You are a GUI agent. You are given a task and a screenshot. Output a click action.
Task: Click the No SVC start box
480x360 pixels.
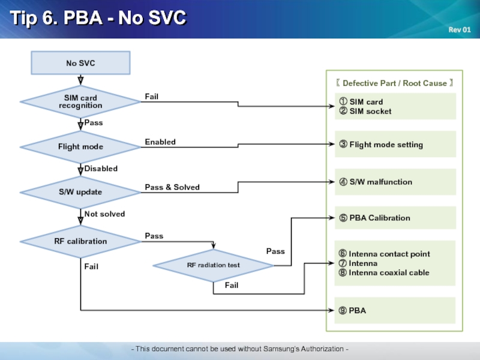tap(80, 63)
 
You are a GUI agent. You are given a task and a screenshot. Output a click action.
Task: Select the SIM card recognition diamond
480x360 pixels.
tap(80, 101)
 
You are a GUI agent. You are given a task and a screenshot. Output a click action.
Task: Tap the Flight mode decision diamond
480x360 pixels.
tap(80, 147)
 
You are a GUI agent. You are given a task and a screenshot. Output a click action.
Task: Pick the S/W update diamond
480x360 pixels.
tap(80, 192)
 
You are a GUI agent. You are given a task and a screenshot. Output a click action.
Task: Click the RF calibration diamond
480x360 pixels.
tap(80, 242)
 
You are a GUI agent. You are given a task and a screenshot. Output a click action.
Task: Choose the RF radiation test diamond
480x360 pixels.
tap(214, 265)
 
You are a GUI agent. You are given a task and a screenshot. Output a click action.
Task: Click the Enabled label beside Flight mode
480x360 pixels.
tap(160, 142)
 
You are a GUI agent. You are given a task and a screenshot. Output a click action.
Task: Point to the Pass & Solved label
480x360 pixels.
tap(172, 187)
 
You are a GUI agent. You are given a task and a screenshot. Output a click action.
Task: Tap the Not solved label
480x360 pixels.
tap(104, 214)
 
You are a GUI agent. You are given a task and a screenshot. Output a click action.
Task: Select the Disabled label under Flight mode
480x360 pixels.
tap(101, 169)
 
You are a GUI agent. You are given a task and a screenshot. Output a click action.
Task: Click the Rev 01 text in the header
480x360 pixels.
tap(460, 29)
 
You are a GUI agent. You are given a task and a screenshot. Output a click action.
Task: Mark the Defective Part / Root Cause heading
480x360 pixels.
tap(394, 83)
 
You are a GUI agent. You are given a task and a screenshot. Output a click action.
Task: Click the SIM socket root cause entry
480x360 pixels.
tap(365, 111)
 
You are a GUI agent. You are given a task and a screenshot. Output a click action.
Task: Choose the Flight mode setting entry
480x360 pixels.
tap(381, 145)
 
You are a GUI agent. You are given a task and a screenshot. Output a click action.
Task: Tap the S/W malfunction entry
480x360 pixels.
tap(376, 182)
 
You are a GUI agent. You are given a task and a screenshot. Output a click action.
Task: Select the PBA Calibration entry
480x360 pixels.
tap(374, 218)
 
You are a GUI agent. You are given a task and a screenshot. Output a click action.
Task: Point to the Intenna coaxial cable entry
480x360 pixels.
tap(384, 272)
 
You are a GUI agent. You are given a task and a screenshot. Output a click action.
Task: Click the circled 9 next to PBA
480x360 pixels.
tap(343, 310)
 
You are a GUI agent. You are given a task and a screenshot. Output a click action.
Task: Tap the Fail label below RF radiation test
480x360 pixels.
tap(232, 286)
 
